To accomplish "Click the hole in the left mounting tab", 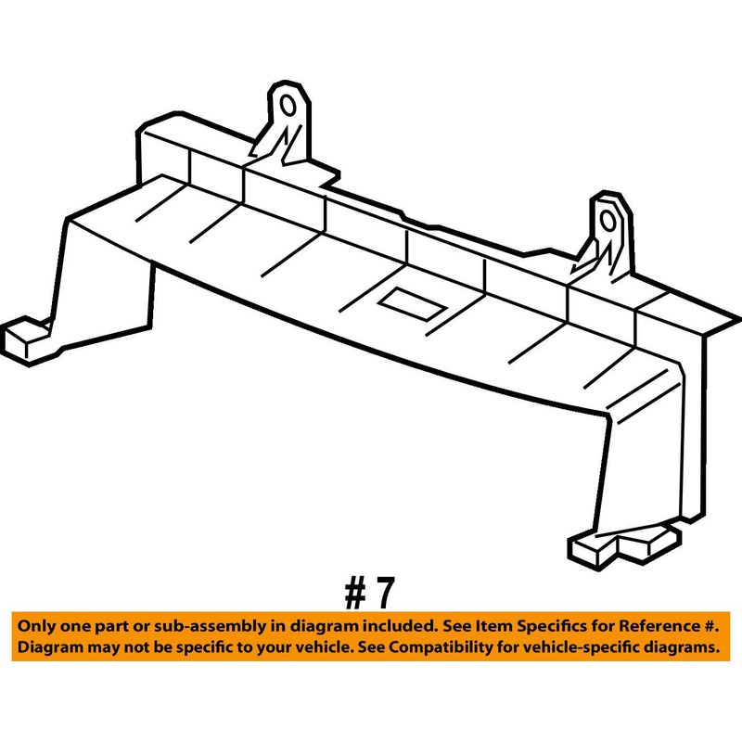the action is coord(288,105).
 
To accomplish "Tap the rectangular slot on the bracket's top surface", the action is coord(414,304).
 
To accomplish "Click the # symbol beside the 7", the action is coord(355,593).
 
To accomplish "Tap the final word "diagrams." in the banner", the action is coord(676,647).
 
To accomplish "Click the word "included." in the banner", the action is coord(400,627).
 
